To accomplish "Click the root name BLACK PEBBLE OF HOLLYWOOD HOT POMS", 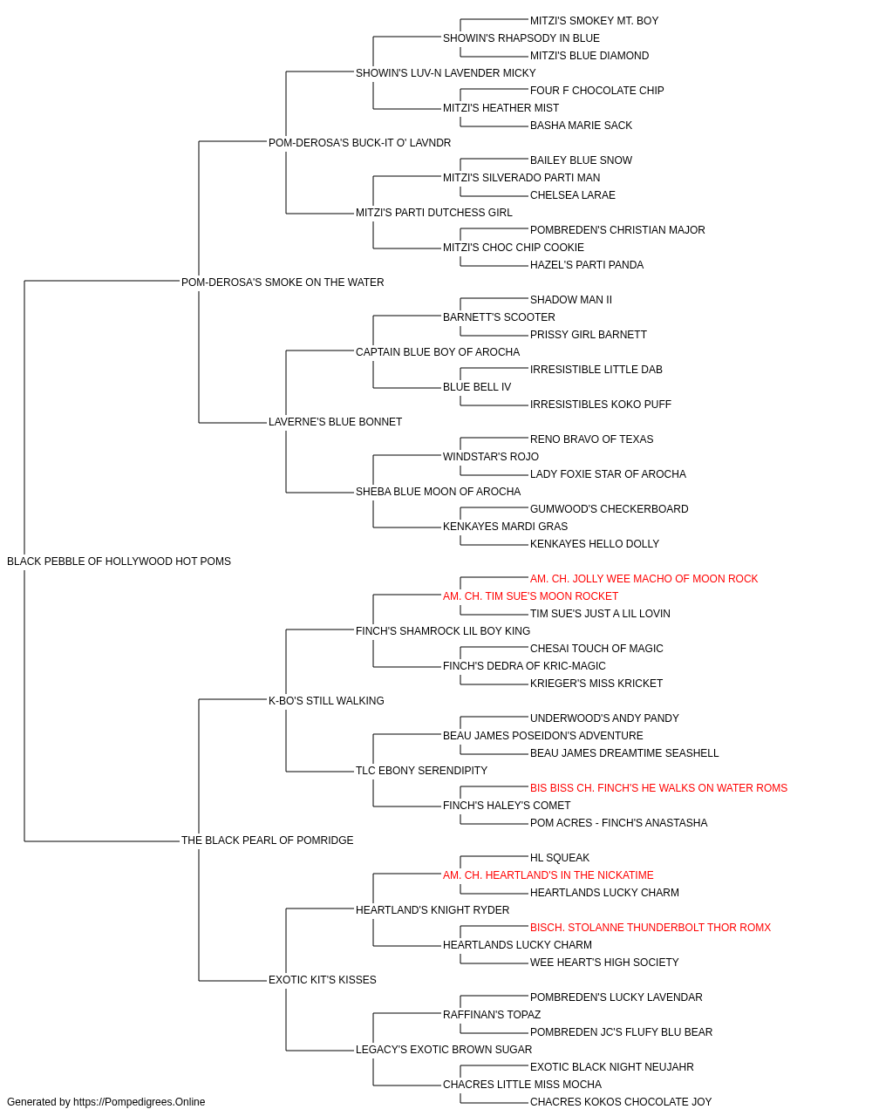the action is tap(119, 561).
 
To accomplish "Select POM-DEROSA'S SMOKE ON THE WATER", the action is tap(283, 282).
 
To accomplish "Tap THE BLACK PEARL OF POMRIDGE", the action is tap(267, 840).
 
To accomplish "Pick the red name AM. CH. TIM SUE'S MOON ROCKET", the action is tap(530, 596).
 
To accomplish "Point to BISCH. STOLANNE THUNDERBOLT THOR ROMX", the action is tap(651, 928).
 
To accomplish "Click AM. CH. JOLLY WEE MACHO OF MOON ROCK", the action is tap(644, 579).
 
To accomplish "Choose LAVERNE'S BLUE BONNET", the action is tap(336, 422).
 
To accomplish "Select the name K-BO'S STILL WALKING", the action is tap(326, 701).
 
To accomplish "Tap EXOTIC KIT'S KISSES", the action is tap(323, 980).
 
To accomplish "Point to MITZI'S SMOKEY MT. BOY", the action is tap(594, 21).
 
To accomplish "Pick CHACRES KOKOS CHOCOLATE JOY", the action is tap(621, 1102).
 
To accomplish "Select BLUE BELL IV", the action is tap(477, 387).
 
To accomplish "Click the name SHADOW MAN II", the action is tap(571, 300).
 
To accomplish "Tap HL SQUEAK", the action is tap(560, 858).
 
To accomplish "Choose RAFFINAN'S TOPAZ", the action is tap(492, 1015).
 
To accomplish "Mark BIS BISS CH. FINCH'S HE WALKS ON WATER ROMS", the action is tap(659, 788).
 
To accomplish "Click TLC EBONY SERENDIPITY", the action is tap(422, 771).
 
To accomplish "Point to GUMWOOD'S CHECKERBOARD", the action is tap(609, 509).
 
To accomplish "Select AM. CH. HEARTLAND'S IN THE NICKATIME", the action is tap(548, 875).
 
